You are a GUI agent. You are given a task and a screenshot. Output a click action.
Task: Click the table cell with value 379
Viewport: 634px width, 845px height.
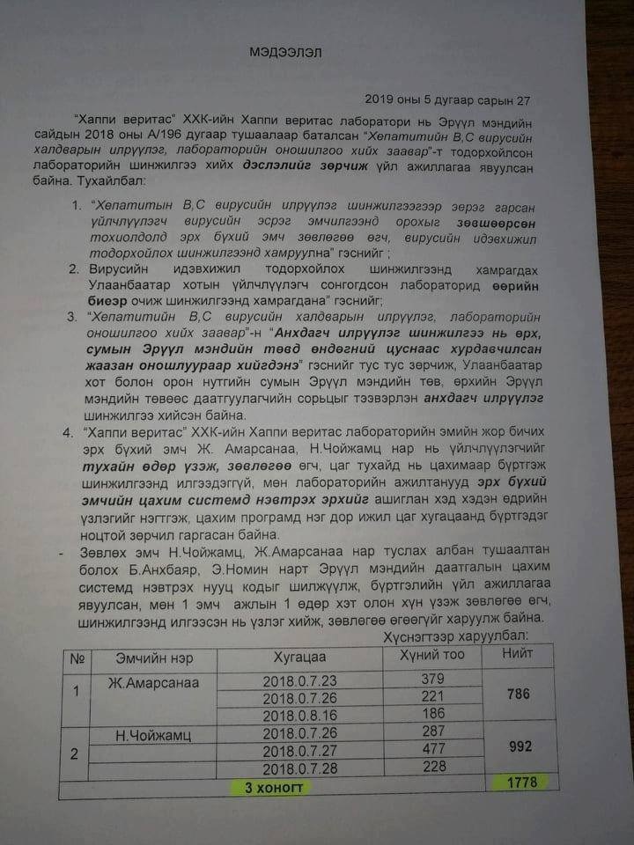[431, 680]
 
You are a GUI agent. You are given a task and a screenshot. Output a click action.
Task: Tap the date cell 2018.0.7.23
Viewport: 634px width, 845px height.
[300, 681]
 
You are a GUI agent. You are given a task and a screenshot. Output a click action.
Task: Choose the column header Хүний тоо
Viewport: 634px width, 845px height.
[431, 655]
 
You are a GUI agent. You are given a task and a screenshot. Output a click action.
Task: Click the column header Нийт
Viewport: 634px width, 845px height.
[517, 653]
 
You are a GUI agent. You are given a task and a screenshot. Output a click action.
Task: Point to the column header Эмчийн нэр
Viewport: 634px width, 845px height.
[154, 658]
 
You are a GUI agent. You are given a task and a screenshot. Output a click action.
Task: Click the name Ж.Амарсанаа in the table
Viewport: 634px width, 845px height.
[154, 683]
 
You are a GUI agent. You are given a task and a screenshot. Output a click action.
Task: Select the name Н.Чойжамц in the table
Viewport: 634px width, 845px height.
[154, 734]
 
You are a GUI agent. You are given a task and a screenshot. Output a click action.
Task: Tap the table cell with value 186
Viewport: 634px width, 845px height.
[432, 713]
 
